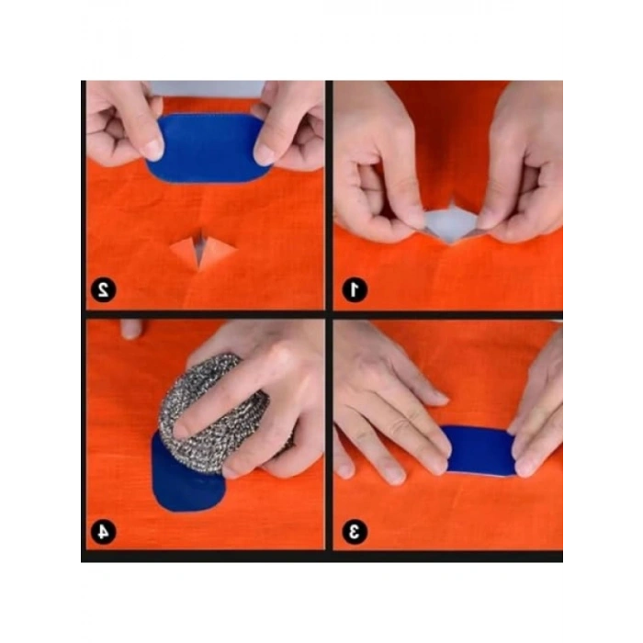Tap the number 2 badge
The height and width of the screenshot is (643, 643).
pos(103,290)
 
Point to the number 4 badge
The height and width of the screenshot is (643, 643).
pos(103,531)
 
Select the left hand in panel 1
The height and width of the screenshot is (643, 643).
pos(377,175)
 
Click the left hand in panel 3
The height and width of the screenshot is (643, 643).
pos(386,404)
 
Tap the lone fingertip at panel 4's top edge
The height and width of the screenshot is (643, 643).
pos(131,328)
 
